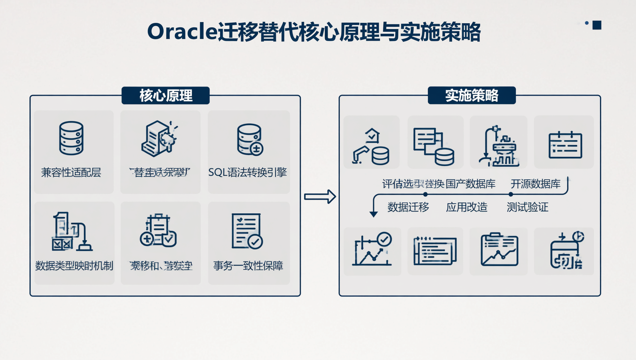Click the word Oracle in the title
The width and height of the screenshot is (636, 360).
(182, 31)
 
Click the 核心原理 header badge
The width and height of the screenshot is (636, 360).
(165, 96)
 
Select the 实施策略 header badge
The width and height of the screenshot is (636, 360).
(471, 96)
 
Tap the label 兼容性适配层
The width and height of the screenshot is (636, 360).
(71, 172)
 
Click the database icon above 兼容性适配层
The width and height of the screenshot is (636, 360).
(71, 138)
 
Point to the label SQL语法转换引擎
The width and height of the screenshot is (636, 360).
(247, 172)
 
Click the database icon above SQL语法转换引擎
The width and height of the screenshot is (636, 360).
(250, 139)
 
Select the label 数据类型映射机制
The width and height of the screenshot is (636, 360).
(74, 266)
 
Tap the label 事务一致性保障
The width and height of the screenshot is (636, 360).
(248, 266)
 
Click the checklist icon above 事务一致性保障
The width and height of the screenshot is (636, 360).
(246, 231)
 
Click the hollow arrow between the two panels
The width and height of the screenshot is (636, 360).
(320, 196)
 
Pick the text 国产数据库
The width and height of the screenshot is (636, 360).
(470, 184)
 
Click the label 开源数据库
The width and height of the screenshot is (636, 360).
(535, 184)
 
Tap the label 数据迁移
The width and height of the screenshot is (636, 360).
(408, 207)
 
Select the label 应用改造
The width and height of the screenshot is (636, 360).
(466, 207)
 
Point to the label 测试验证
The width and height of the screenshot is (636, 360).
(527, 207)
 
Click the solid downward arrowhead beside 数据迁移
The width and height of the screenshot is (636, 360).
(373, 214)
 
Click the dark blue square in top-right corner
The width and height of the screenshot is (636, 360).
(597, 25)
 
